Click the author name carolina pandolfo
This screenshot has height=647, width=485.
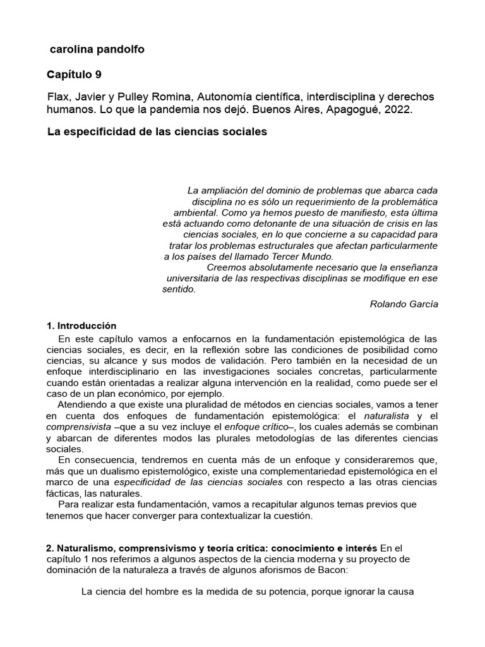click(97, 49)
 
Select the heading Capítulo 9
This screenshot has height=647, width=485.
click(74, 75)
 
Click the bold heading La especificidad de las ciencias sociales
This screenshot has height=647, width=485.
click(157, 132)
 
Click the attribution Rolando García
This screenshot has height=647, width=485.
click(404, 303)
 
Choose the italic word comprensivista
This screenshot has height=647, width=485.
click(75, 427)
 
